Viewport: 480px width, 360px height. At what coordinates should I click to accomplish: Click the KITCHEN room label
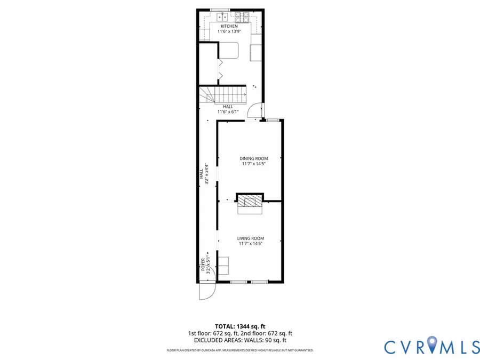click(229, 26)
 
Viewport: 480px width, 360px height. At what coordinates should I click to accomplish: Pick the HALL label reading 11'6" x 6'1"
click(228, 109)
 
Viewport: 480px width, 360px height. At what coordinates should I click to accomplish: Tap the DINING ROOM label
click(253, 158)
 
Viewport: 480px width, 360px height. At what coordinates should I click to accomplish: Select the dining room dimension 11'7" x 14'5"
click(253, 164)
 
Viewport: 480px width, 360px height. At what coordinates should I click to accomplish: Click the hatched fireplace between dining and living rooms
click(250, 201)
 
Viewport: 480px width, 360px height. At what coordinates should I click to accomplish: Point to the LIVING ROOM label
click(251, 238)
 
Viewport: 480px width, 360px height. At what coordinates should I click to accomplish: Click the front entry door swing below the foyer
click(206, 291)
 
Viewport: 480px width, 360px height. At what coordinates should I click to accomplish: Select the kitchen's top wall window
click(220, 10)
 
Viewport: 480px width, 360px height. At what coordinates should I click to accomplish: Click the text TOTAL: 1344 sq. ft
click(240, 326)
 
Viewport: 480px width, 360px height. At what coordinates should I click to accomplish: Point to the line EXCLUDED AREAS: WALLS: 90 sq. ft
click(240, 340)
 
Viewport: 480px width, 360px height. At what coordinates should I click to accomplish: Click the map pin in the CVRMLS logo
click(430, 344)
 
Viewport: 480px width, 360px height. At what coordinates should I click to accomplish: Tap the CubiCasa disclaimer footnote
click(240, 350)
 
